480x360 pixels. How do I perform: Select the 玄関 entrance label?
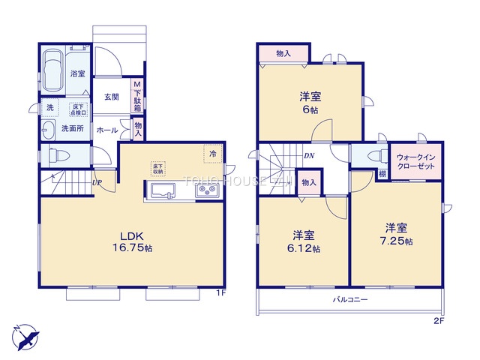(112, 97)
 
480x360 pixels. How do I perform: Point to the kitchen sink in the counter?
(163, 192)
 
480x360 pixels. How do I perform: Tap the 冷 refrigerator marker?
(212, 154)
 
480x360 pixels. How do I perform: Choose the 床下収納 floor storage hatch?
(157, 168)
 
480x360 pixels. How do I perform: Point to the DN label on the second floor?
(309, 156)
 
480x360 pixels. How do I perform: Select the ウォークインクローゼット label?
(415, 162)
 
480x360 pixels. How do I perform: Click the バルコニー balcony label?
(350, 299)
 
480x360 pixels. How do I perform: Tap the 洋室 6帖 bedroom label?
(310, 101)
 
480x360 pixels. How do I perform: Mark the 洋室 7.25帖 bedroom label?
(397, 234)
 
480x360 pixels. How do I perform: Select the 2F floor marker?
(439, 322)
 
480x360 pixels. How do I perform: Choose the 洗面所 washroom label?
(73, 129)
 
